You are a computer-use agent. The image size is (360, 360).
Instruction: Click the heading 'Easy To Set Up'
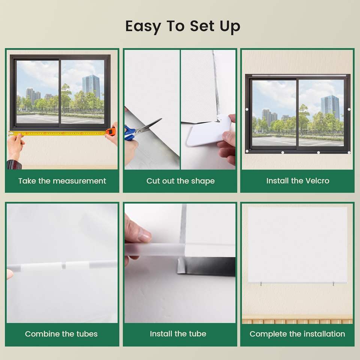183,26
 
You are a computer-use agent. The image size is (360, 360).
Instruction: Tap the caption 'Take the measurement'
62,181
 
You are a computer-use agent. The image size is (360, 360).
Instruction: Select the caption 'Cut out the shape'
180,181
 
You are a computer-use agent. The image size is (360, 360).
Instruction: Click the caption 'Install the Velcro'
298,181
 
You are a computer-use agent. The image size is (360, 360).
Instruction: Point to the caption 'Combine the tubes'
61,334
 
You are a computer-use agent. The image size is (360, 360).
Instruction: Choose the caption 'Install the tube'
178,334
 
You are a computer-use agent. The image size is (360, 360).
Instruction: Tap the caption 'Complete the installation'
297,334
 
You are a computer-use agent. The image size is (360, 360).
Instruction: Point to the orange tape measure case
110,132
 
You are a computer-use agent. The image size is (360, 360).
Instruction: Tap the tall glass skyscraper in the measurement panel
91,86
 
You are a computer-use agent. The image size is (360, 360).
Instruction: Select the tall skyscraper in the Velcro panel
330,107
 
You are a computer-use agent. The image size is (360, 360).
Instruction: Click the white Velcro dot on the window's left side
247,109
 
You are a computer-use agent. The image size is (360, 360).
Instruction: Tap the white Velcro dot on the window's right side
349,109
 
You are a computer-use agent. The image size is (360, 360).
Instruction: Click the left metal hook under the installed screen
261,284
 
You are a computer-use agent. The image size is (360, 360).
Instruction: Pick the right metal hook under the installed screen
333,284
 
